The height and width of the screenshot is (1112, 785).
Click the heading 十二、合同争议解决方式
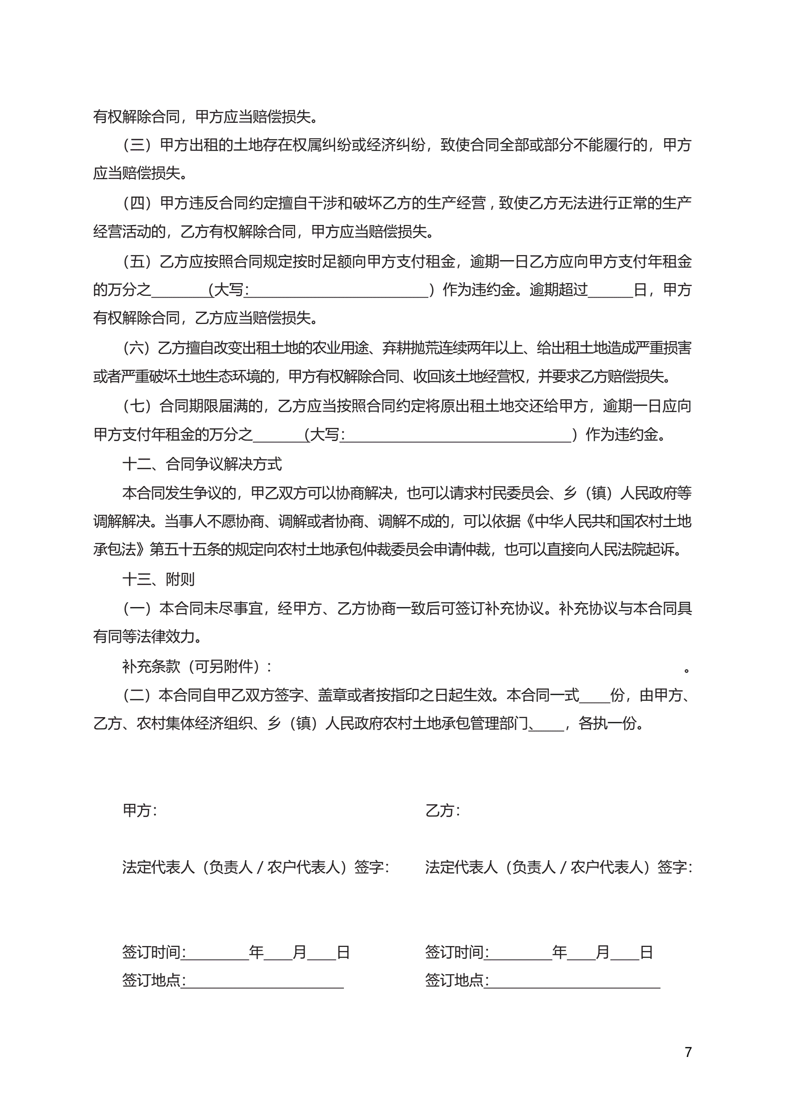click(x=202, y=464)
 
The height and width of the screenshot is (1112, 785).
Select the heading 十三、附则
click(x=158, y=579)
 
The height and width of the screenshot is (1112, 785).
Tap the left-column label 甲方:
click(x=140, y=810)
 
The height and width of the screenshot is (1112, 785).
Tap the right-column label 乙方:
click(x=442, y=810)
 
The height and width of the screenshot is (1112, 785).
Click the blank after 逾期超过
click(x=610, y=291)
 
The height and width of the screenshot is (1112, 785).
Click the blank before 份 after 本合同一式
click(x=595, y=696)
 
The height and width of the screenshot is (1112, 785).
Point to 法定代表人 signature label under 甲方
click(x=256, y=867)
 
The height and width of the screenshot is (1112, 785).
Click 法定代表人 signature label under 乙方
click(x=559, y=867)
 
